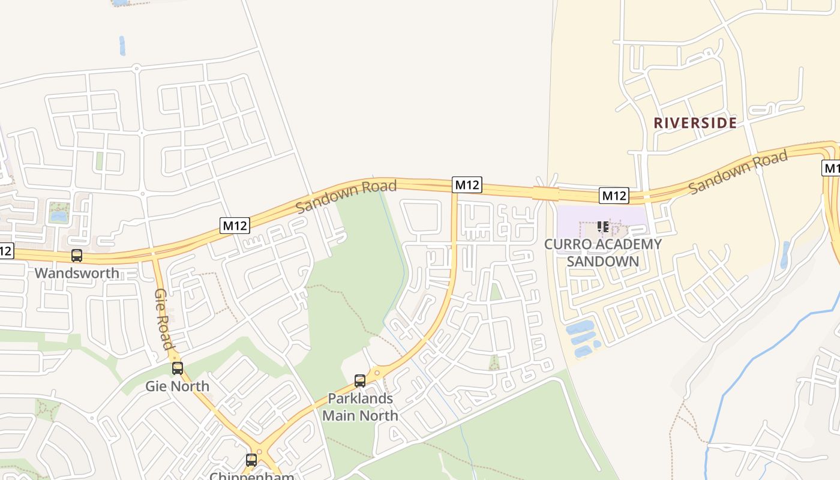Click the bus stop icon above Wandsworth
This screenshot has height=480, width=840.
(x=77, y=256)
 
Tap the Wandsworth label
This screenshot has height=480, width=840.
(x=77, y=274)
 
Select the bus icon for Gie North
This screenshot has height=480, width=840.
(x=178, y=368)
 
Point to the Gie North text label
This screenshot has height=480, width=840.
(x=178, y=386)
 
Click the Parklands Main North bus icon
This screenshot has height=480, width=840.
(x=360, y=380)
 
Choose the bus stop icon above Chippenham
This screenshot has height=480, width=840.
(x=251, y=460)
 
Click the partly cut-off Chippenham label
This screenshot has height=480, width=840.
(x=252, y=476)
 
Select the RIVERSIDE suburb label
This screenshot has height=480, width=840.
(x=695, y=123)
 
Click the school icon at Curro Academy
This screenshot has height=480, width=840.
(x=603, y=227)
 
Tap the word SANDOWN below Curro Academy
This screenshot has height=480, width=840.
(x=602, y=262)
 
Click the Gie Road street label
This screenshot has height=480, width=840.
(x=164, y=319)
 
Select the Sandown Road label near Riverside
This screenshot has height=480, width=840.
(x=737, y=173)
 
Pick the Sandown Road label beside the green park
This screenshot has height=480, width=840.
(x=346, y=196)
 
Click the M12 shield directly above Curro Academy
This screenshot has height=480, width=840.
(x=614, y=196)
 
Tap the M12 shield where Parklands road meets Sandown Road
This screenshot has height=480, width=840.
(x=467, y=185)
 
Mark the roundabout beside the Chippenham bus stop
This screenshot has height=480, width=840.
(x=260, y=451)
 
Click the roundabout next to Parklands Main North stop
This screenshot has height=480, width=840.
(x=376, y=373)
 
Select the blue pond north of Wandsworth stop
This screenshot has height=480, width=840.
(x=59, y=216)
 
